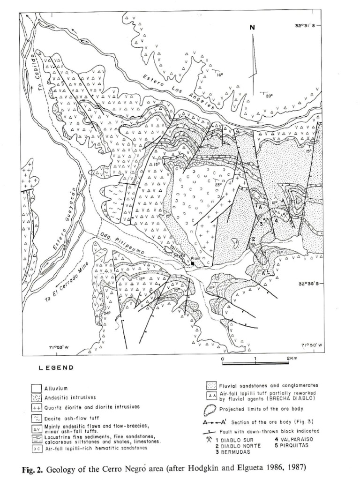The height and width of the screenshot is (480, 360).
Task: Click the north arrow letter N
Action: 253,28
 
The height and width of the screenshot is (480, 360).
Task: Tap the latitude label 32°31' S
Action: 305,26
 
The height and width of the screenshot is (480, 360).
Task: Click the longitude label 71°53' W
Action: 59,347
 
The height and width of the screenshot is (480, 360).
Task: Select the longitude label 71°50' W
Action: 312,345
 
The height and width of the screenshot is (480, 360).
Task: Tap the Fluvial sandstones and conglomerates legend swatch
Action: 211,385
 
